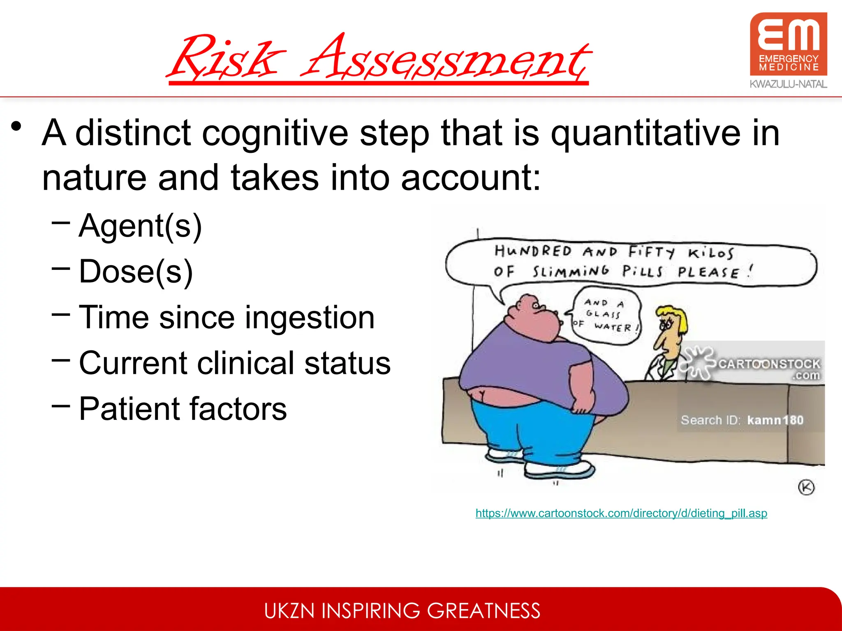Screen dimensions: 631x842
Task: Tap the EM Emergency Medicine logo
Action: click(788, 44)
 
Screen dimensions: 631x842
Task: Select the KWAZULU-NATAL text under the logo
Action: click(788, 84)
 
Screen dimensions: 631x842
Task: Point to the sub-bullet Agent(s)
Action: click(140, 226)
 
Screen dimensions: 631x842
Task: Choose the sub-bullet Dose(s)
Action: click(136, 272)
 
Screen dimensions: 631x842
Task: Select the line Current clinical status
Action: click(234, 363)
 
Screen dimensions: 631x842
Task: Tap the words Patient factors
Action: click(183, 409)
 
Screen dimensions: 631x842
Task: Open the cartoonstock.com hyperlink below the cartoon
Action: click(621, 514)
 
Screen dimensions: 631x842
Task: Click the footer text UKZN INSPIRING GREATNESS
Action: click(402, 610)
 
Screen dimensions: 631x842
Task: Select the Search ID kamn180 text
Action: click(742, 420)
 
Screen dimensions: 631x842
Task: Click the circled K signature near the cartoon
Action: click(806, 488)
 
